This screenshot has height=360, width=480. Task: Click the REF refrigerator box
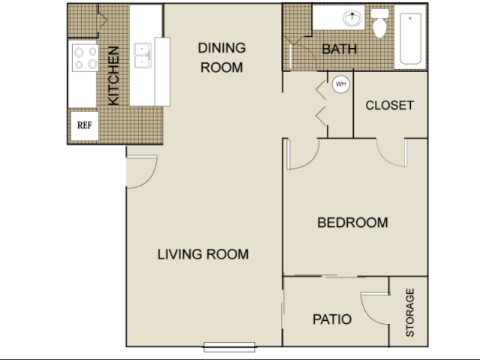pos(84,126)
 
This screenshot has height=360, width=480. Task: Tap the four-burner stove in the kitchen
pos(86,58)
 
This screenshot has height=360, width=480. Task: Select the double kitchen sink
pos(143,55)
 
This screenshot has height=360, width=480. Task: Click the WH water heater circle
pos(341,84)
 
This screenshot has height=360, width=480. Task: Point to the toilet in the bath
pos(379,23)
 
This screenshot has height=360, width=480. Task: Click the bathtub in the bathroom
pos(410,38)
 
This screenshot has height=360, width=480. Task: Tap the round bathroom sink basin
pos(352,18)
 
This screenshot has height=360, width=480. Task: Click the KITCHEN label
pos(113,76)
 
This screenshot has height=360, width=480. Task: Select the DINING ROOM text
pos(222,58)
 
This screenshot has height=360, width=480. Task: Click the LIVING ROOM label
pos(203,254)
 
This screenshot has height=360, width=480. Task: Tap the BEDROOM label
pos(352,222)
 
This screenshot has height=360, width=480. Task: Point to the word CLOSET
pos(389,105)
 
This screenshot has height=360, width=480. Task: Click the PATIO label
pos(332,319)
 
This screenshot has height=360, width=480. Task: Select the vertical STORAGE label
pos(410,313)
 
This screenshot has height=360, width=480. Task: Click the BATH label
pos(340,50)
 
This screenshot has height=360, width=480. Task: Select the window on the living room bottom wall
pos(229,346)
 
